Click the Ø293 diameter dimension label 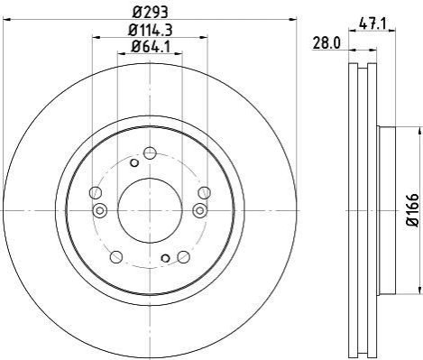pos(150,13)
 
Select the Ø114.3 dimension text pos(150,30)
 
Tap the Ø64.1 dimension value pos(150,47)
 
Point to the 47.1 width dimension pos(372,23)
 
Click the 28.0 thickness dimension pos(326,42)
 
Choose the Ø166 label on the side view pos(412,210)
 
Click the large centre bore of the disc pos(150,210)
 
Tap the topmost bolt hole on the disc pos(150,153)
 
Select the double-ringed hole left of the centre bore pos(100,210)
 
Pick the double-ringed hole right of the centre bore pos(199,210)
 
